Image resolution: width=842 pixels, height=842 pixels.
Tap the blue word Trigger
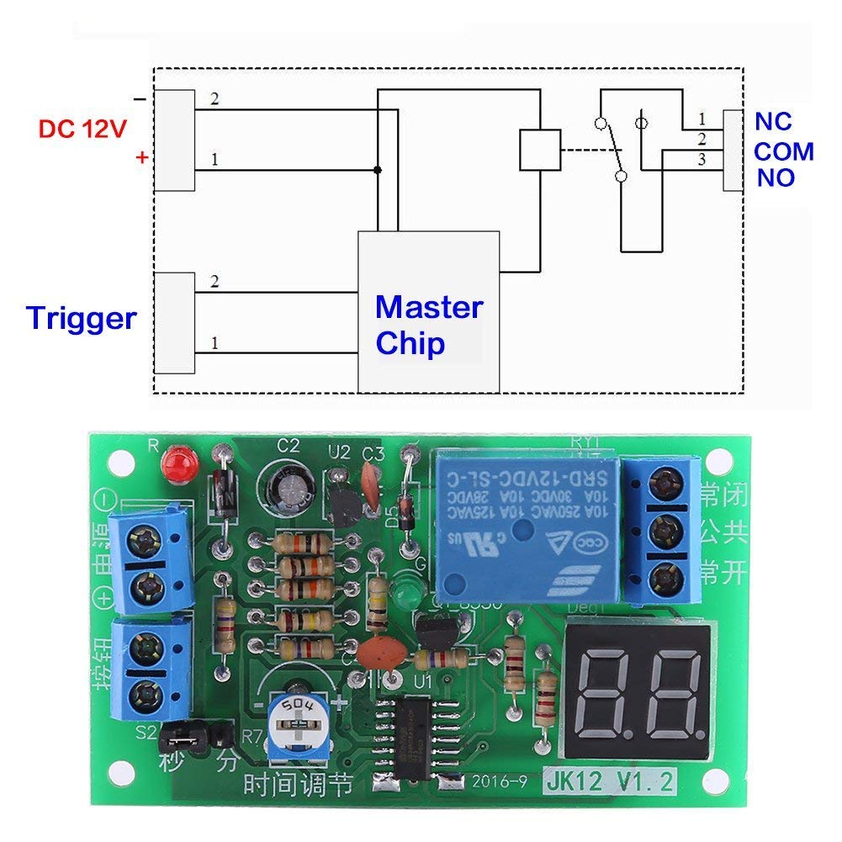coord(81,319)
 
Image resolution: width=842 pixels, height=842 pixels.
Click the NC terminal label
coord(773,121)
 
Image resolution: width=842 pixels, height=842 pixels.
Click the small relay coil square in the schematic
coord(539,151)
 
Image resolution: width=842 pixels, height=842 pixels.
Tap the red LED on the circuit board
coord(177,461)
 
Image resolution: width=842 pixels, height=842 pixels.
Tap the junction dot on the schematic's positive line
coord(378,170)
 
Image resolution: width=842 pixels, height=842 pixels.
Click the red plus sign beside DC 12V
coord(142,157)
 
